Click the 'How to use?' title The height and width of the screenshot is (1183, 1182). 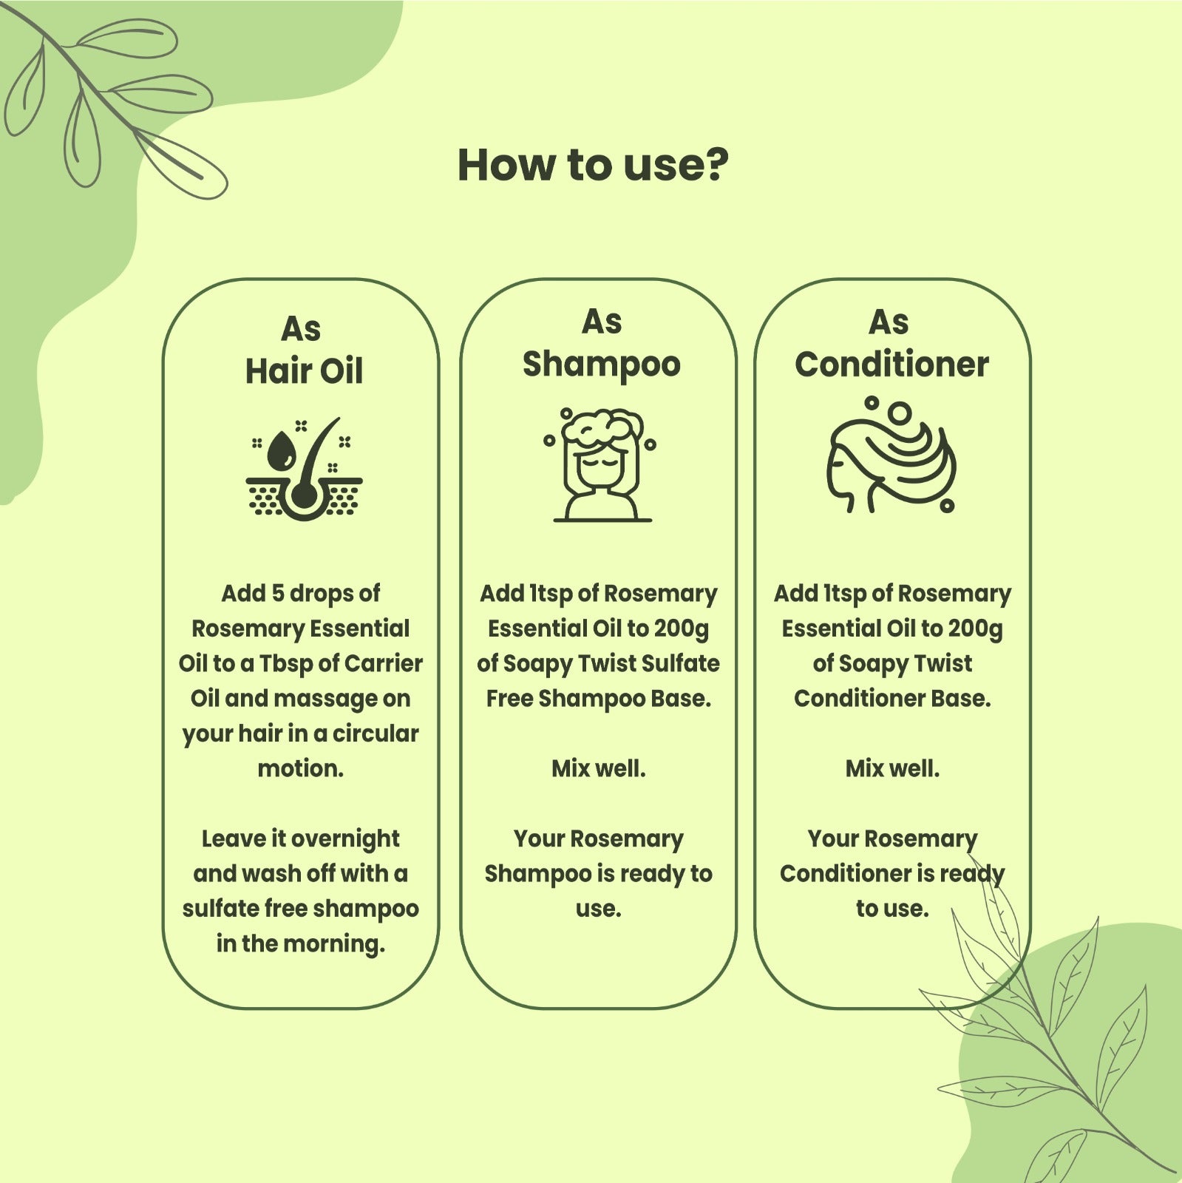593,165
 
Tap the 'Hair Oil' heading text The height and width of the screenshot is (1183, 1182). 304,370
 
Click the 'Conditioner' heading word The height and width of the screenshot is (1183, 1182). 891,364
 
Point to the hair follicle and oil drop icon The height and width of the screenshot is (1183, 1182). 304,469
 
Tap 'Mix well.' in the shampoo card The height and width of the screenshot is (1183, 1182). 599,768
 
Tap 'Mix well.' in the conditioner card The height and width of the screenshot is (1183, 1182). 892,768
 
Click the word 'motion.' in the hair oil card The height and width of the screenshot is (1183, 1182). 301,769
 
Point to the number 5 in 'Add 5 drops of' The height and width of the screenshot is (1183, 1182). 278,594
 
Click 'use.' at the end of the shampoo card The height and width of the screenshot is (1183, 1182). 599,909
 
